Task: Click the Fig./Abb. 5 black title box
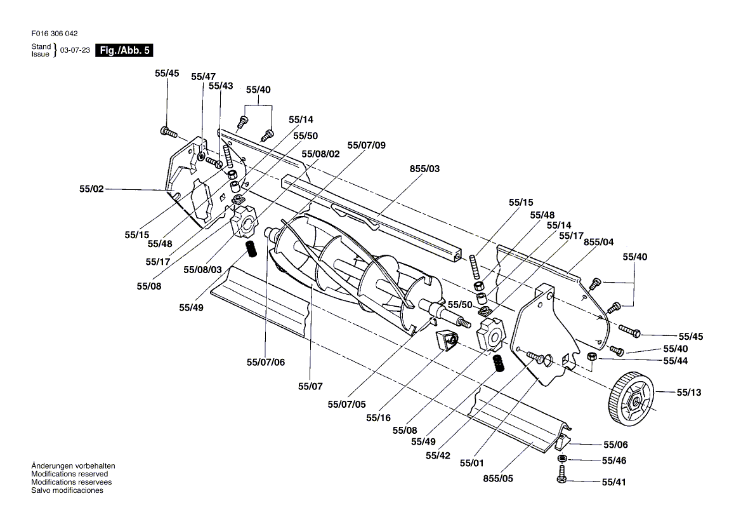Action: pos(124,50)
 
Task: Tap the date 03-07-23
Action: pos(75,50)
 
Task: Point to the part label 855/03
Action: pos(424,169)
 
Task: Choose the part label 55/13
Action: pos(690,392)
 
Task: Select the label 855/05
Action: pos(497,478)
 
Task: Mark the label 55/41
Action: pos(613,482)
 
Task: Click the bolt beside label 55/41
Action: pos(561,475)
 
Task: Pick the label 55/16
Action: pos(379,417)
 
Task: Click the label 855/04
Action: pos(598,242)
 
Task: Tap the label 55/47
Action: pos(203,76)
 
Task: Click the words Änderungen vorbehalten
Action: pos(73,466)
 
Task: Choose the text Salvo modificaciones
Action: pos(67,490)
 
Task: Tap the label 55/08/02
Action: pos(321,154)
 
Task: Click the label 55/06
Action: pos(615,445)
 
